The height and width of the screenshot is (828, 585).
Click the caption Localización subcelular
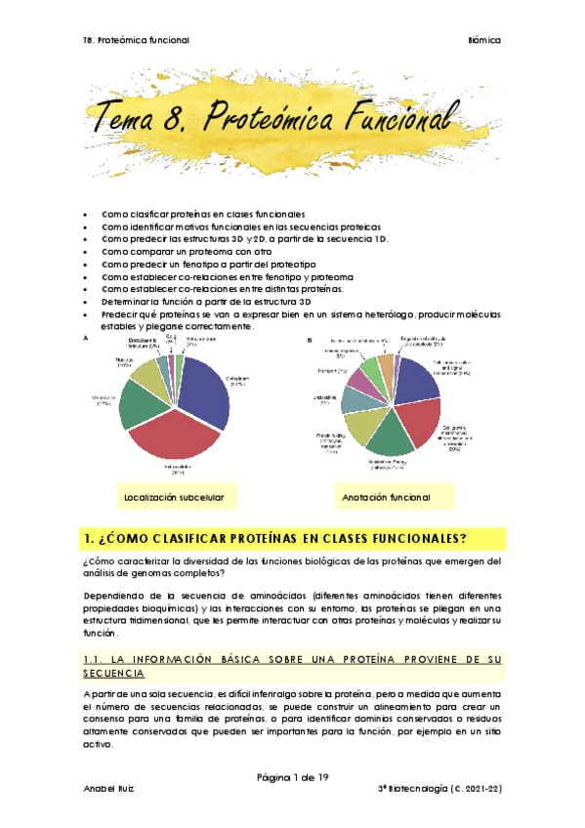(175, 497)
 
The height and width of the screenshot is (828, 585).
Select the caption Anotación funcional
(386, 497)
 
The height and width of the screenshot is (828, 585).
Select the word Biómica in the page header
(484, 40)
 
